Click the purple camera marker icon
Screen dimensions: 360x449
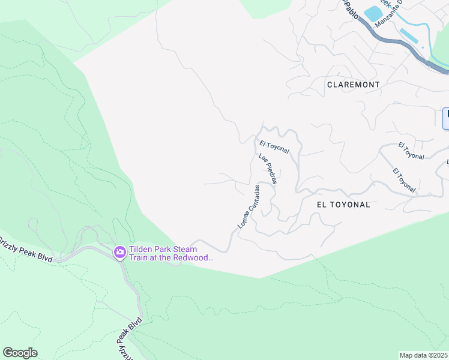[119, 251]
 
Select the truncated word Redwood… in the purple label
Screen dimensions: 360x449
[193, 257]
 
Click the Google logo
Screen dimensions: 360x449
[20, 353]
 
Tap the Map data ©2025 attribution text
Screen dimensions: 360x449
[424, 355]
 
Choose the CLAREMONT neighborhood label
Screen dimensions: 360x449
[353, 85]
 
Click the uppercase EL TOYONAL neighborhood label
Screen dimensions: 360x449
[343, 204]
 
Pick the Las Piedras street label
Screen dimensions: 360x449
[267, 169]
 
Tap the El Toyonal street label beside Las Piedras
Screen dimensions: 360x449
[275, 146]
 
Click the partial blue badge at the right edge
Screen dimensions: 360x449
[446, 118]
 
